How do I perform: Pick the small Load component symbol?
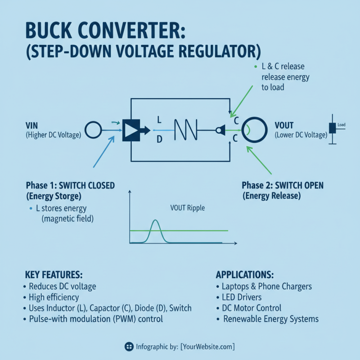pyautogui.click(x=333, y=128)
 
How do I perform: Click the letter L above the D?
pyautogui.click(x=158, y=120)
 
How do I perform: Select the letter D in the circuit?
pyautogui.click(x=158, y=140)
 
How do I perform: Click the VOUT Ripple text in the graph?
pyautogui.click(x=187, y=208)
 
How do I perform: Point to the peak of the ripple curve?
pyautogui.click(x=155, y=220)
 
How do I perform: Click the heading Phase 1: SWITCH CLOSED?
pyautogui.click(x=70, y=185)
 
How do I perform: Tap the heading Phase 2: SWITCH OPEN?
pyautogui.click(x=282, y=186)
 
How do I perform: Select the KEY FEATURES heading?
pyautogui.click(x=54, y=274)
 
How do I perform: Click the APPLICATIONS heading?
pyautogui.click(x=245, y=274)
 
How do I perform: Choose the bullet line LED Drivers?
pyautogui.click(x=242, y=297)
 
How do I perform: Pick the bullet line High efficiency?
pyautogui.click(x=54, y=297)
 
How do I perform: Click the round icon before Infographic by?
pyautogui.click(x=128, y=346)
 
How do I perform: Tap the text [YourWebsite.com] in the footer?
pyautogui.click(x=207, y=346)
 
